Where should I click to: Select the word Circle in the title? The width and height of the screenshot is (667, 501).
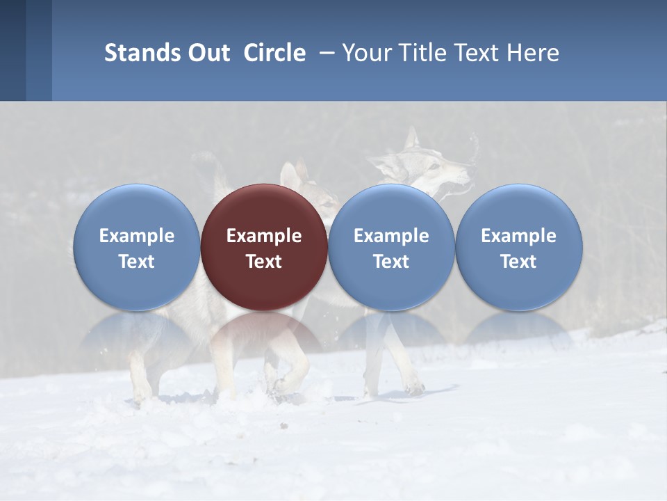click(x=274, y=53)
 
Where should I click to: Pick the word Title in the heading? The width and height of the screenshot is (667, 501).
click(x=424, y=53)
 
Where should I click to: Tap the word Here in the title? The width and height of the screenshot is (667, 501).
click(x=534, y=53)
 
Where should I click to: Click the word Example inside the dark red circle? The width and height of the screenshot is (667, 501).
click(x=264, y=236)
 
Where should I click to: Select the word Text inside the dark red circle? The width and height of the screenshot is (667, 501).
click(x=264, y=262)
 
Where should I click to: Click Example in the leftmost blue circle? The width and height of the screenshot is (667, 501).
click(x=137, y=236)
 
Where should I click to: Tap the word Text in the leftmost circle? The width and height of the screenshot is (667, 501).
click(x=137, y=262)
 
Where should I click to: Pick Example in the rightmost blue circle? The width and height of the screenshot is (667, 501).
click(x=518, y=236)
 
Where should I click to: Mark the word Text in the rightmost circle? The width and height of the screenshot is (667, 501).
click(x=518, y=262)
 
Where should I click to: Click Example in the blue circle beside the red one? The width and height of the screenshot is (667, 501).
click(x=391, y=236)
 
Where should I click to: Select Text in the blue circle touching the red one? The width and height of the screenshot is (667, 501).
click(x=391, y=262)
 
